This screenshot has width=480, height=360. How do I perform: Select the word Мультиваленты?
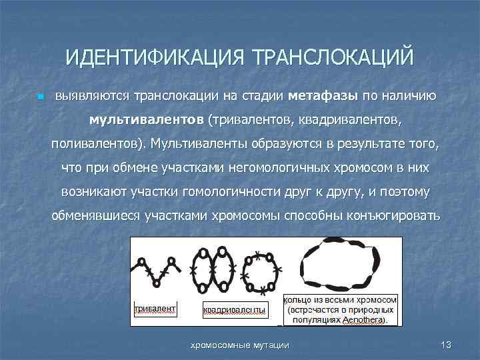click(197, 143)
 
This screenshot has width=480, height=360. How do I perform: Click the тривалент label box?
click(155, 309)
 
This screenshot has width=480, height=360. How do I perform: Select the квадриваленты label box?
click(234, 310)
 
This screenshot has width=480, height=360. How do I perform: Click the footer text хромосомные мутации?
click(240, 344)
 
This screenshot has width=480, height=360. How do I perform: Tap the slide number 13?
click(446, 344)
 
